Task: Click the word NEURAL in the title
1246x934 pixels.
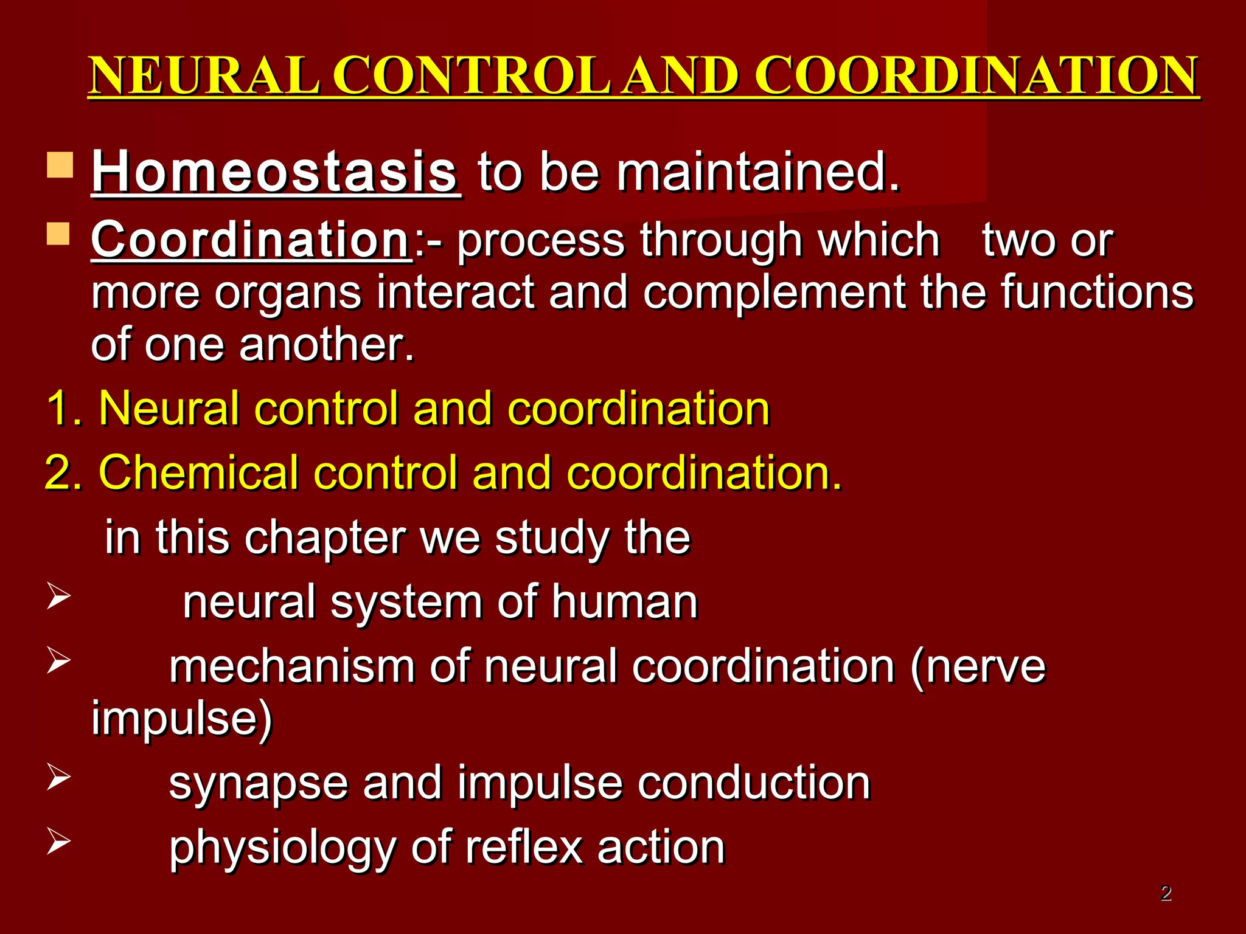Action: coord(204,75)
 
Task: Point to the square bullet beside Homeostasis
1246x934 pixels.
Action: coord(60,165)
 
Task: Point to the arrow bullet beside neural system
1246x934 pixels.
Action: coord(58,597)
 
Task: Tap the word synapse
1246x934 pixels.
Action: coord(258,784)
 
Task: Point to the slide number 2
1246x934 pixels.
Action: coord(1165,893)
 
